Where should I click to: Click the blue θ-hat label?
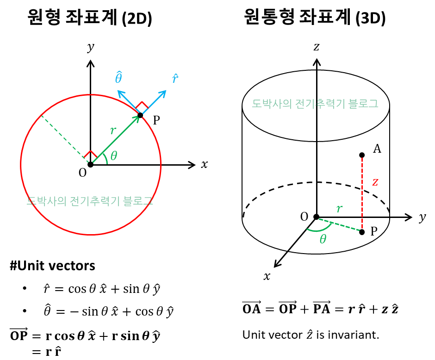pyautogui.click(x=119, y=77)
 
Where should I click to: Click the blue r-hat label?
pyautogui.click(x=175, y=79)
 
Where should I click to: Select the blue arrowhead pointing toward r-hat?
pyautogui.click(x=163, y=93)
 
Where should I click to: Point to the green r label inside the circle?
pyautogui.click(x=113, y=131)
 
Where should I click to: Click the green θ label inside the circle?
pyautogui.click(x=114, y=156)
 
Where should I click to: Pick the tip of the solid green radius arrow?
pyautogui.click(x=137, y=118)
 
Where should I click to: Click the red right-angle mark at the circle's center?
pyautogui.click(x=90, y=154)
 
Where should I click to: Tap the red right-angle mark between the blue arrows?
pyautogui.click(x=142, y=105)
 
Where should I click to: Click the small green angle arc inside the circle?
pyautogui.click(x=106, y=157)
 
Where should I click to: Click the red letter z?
pyautogui.click(x=375, y=182)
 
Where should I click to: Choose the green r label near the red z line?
pyautogui.click(x=339, y=209)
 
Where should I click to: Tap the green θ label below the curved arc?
pyautogui.click(x=323, y=239)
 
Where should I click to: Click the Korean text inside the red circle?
pyautogui.click(x=90, y=201)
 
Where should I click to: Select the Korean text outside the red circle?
pyautogui.click(x=315, y=104)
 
